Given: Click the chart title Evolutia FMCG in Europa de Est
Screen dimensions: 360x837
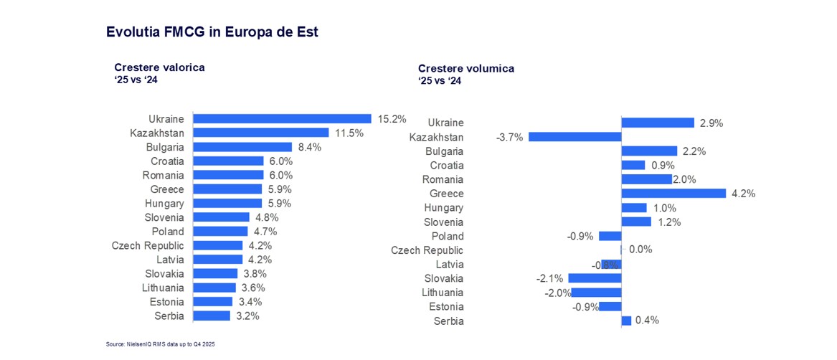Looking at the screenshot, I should [212, 32].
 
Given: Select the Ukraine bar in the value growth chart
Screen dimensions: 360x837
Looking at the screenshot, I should [282, 119].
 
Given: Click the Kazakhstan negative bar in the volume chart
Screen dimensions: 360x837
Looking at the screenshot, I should [574, 137].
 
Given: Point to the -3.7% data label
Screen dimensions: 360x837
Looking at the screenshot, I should [509, 137].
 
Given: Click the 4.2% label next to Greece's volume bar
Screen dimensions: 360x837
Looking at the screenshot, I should [744, 194].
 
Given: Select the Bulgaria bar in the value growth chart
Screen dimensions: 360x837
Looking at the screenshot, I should [242, 147].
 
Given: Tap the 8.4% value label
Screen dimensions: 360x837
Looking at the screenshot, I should [310, 147].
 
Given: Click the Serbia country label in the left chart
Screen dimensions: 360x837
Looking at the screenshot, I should [169, 316].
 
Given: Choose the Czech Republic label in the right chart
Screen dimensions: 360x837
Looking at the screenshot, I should [427, 250].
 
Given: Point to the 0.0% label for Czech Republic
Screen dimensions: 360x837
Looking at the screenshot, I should [640, 250].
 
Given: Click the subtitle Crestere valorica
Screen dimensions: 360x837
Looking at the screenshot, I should [159, 67].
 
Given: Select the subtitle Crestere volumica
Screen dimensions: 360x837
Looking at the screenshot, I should [465, 68].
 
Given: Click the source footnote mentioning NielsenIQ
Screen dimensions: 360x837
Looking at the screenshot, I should [160, 345].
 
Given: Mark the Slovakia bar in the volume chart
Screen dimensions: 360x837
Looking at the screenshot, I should [595, 278].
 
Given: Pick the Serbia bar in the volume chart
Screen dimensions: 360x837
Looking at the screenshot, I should [626, 321].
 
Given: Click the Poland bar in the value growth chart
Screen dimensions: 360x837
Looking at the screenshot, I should [220, 232].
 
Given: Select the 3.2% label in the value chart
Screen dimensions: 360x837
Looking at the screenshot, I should [247, 316].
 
